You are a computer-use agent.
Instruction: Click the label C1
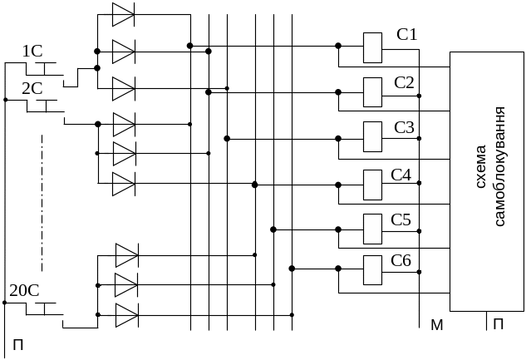[x=407, y=34]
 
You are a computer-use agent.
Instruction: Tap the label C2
[x=404, y=82]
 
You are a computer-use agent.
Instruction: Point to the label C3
[x=404, y=127]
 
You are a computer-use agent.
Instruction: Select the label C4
[x=401, y=175]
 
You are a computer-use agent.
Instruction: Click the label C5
[x=401, y=219]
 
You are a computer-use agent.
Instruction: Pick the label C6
[x=401, y=260]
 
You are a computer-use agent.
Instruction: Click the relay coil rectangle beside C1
[x=373, y=47]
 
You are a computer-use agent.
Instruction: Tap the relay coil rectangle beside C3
[x=373, y=136]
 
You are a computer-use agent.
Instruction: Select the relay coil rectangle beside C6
[x=373, y=270]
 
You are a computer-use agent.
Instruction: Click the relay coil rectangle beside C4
[x=373, y=185]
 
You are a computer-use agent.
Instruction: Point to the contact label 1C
[x=32, y=52]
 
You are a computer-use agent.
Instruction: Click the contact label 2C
[x=32, y=89]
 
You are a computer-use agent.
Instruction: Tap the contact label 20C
[x=24, y=290]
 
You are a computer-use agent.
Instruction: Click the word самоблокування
[x=499, y=166]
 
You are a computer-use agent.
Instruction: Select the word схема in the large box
[x=481, y=166]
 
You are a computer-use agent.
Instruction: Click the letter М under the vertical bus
[x=437, y=325]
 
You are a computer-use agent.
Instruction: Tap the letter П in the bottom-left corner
[x=18, y=344]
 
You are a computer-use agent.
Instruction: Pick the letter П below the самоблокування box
[x=498, y=324]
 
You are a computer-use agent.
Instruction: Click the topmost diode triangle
[x=123, y=14]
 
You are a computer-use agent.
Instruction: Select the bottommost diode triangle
[x=127, y=315]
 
